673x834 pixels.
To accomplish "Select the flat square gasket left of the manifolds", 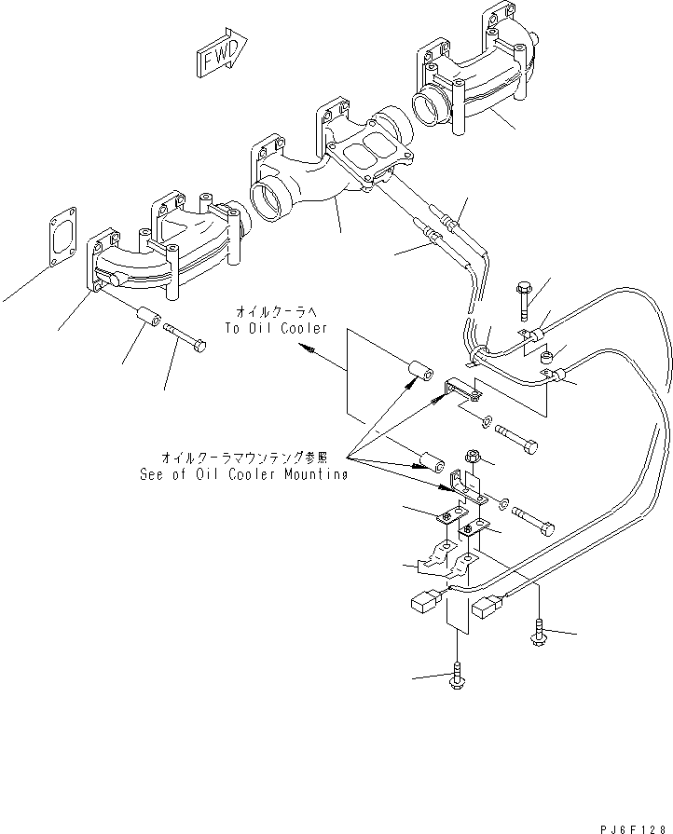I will [x=63, y=245].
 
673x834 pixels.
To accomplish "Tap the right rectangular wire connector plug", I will [x=490, y=609].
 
